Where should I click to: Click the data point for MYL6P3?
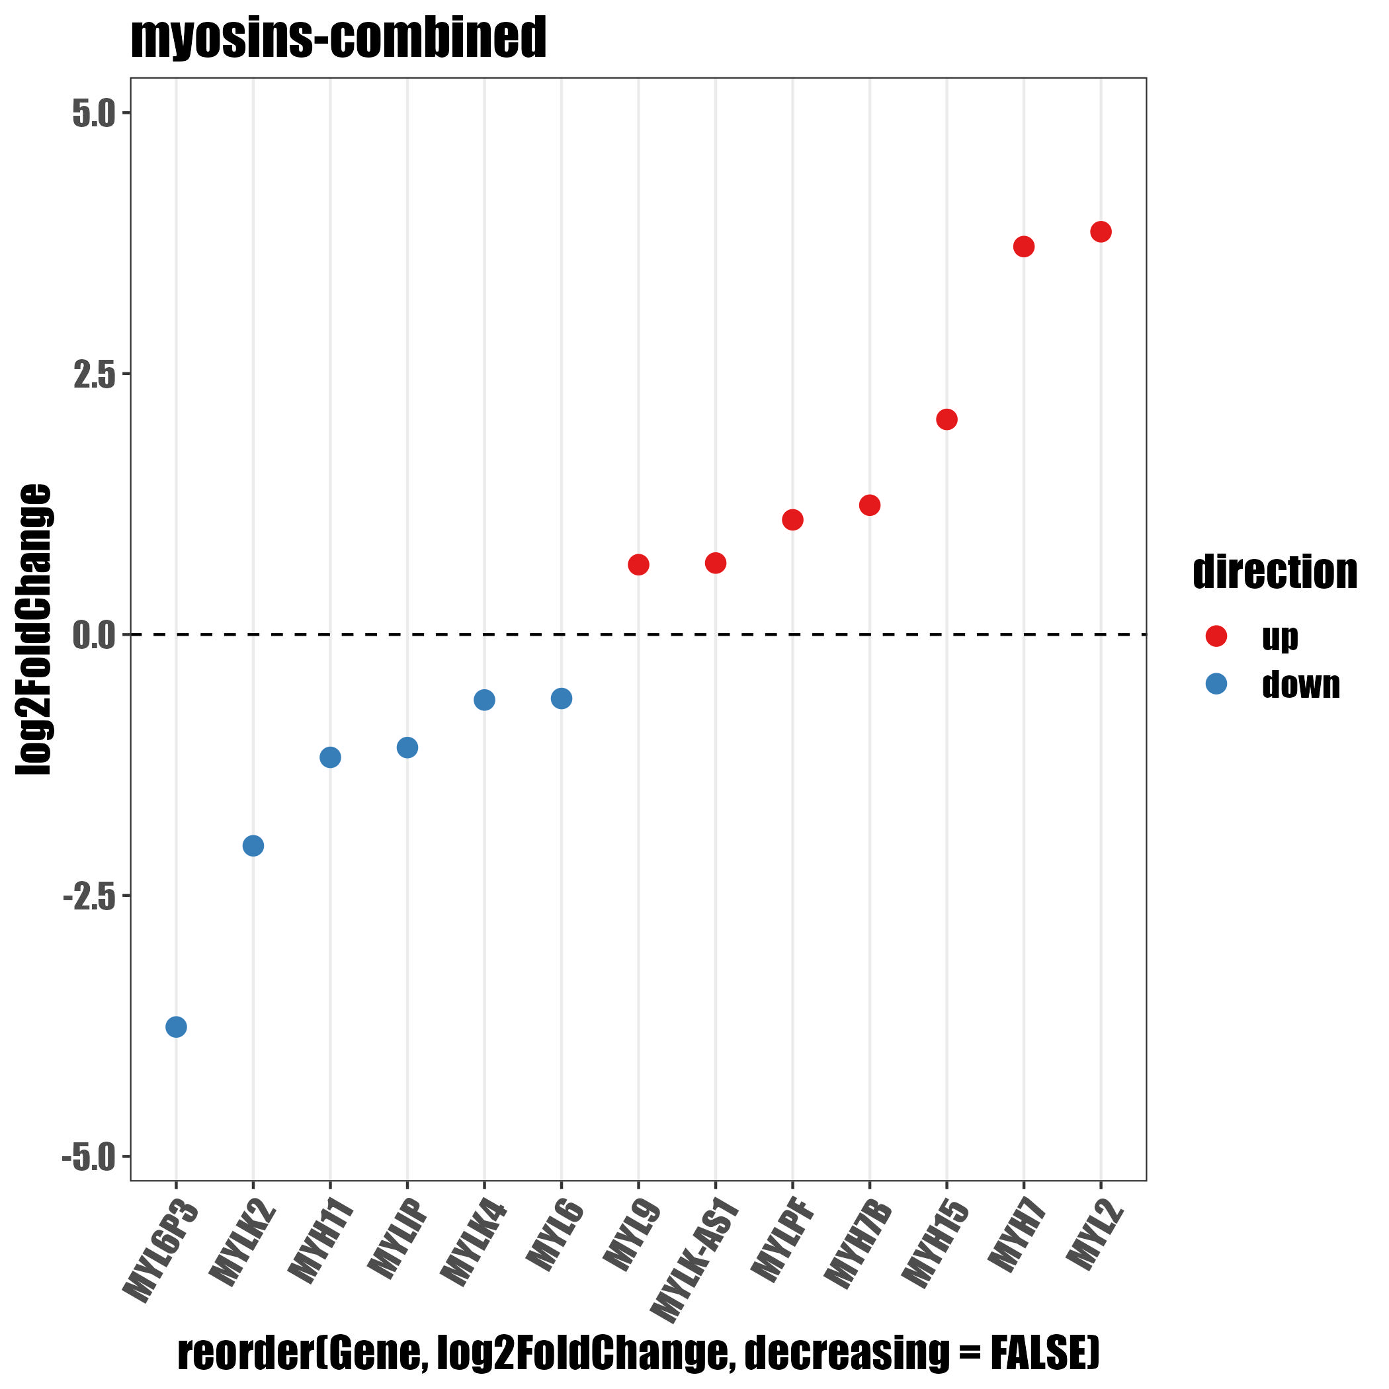pos(176,1027)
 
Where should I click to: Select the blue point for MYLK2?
pos(253,845)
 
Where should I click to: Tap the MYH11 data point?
pos(330,757)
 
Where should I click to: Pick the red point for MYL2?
pos(1101,232)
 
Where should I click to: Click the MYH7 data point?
pos(1024,247)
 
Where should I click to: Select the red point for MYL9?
pos(638,564)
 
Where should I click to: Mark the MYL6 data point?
pos(562,698)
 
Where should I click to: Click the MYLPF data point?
pos(792,520)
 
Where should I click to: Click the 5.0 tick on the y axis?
pos(94,114)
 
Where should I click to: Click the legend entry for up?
pos(1280,636)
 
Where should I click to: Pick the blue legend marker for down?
pos(1216,684)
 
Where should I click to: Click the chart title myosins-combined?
pos(339,38)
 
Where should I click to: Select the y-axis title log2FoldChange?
pos(34,629)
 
